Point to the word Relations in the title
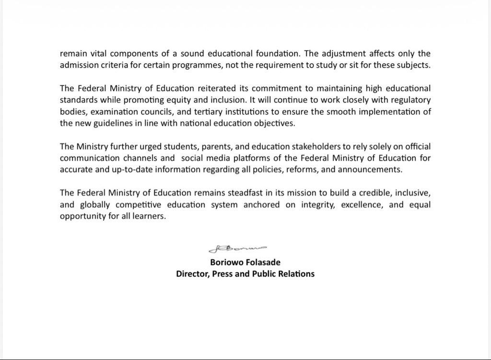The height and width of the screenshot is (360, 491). pos(297,274)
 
